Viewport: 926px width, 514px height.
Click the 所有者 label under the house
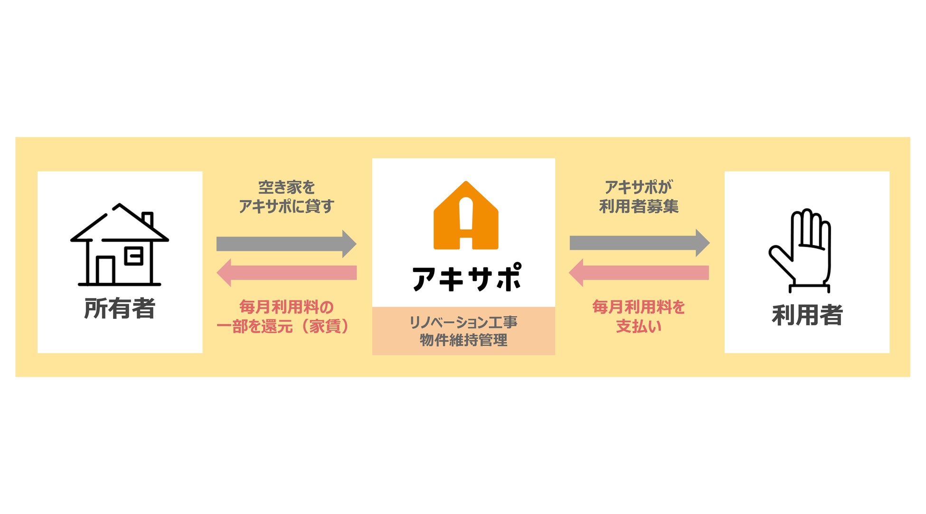tap(120, 308)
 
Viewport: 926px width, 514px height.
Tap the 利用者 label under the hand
tap(807, 315)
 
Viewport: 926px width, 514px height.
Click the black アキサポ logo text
tap(466, 278)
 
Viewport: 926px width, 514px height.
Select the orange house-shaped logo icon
tap(466, 216)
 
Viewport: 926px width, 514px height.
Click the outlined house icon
tap(119, 245)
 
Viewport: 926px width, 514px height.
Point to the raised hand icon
tap(802, 250)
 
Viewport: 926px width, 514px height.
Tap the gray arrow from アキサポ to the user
tap(639, 243)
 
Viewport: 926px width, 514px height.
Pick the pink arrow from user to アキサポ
tap(639, 272)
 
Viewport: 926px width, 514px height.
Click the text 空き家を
tap(286, 187)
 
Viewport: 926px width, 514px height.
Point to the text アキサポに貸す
tap(286, 206)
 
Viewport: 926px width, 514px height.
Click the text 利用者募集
tap(639, 206)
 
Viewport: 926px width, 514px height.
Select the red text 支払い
tap(639, 327)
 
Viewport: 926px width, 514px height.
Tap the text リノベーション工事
tap(463, 323)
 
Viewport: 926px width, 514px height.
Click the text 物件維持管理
tap(463, 340)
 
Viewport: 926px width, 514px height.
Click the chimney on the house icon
tap(148, 218)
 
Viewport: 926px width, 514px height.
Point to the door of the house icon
tap(105, 271)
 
